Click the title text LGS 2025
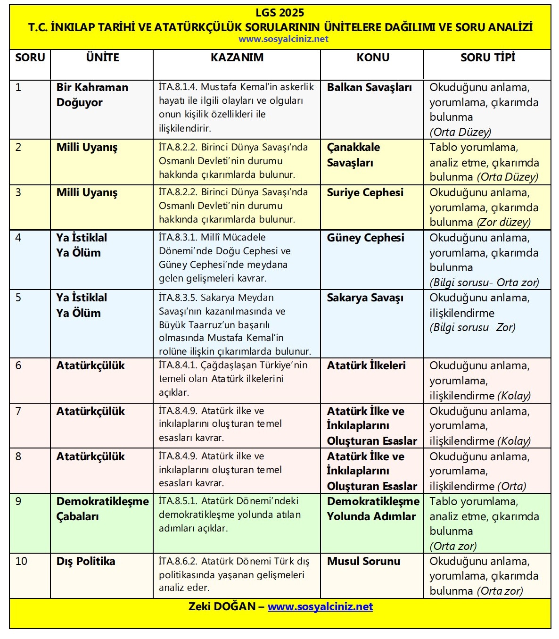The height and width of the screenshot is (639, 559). pyautogui.click(x=280, y=13)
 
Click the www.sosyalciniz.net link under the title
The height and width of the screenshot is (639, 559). pyautogui.click(x=283, y=39)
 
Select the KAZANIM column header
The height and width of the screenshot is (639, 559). pyautogui.click(x=237, y=58)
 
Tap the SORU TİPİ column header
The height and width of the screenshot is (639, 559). pyautogui.click(x=487, y=58)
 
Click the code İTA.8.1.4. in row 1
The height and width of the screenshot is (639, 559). pyautogui.click(x=178, y=87)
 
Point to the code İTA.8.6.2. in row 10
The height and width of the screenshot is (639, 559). pyautogui.click(x=178, y=562)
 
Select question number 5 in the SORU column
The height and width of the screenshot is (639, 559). pyautogui.click(x=18, y=298)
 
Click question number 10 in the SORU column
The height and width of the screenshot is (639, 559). pyautogui.click(x=21, y=562)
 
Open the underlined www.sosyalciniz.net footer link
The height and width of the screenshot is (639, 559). pyautogui.click(x=320, y=607)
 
